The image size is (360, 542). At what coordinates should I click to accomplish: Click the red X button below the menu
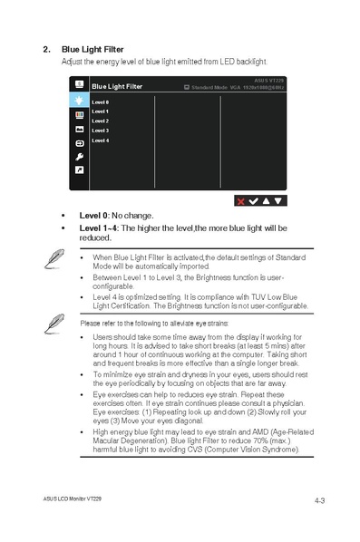[x=240, y=200]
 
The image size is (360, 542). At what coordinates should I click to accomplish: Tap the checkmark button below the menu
[x=253, y=200]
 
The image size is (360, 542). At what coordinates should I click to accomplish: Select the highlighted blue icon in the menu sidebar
[x=80, y=101]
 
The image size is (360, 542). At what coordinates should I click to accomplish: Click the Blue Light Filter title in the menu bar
[x=117, y=87]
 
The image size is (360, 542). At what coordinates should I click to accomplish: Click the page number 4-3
[x=320, y=499]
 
